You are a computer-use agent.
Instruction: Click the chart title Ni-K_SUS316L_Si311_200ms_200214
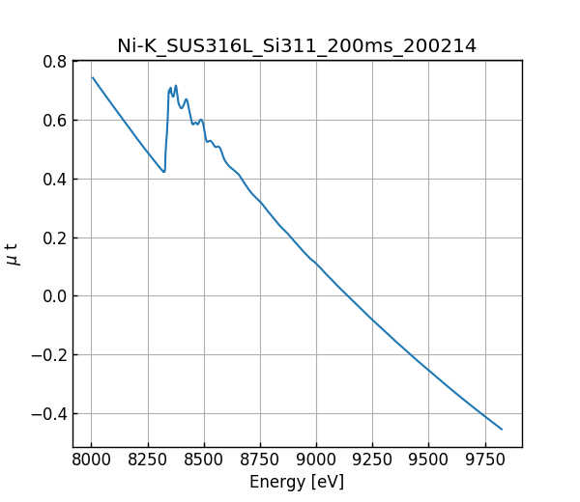[x=297, y=45]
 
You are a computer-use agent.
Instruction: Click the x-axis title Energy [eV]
[x=297, y=482]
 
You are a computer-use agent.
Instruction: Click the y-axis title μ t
[x=13, y=254]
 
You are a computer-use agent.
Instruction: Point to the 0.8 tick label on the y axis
[x=54, y=62]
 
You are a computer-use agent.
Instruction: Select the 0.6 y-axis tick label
[x=54, y=121]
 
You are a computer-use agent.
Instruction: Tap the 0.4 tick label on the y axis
[x=54, y=180]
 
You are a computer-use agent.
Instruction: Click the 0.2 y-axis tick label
[x=54, y=238]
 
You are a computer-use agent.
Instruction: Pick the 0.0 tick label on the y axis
[x=54, y=296]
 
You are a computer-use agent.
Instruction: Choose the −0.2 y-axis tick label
[x=49, y=355]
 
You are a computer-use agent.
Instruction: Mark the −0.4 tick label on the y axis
[x=49, y=414]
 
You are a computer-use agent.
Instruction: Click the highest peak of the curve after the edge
[x=175, y=85]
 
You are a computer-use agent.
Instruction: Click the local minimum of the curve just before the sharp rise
[x=164, y=172]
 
